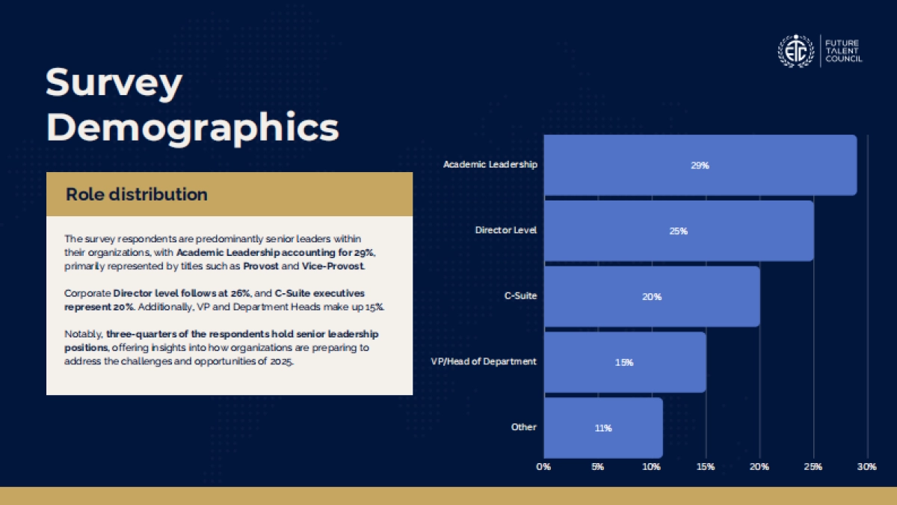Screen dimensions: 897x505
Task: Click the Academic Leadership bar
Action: coord(700,165)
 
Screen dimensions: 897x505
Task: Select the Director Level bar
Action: coord(679,231)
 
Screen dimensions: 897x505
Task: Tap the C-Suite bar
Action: coord(652,296)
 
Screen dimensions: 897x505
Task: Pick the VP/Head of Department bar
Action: coord(625,362)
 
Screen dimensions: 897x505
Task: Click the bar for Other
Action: coord(603,428)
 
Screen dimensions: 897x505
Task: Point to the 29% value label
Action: coord(700,165)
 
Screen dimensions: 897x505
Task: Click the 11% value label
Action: coord(603,429)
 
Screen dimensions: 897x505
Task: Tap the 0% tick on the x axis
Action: coord(543,467)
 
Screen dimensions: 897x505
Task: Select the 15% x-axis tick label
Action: coord(706,467)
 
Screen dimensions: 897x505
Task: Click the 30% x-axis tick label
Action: coord(867,467)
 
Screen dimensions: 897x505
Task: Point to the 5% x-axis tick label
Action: coord(597,467)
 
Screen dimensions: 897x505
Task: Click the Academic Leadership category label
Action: coord(490,165)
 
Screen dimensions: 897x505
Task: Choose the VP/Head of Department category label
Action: coord(484,361)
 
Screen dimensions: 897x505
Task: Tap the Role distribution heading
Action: coord(137,195)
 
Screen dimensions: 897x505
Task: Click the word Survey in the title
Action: coord(114,83)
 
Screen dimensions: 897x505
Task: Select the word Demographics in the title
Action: coord(193,128)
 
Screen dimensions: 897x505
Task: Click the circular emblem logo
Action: coord(795,51)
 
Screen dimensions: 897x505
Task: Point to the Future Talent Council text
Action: coord(844,51)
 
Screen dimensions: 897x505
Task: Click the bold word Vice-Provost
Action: coord(333,266)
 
